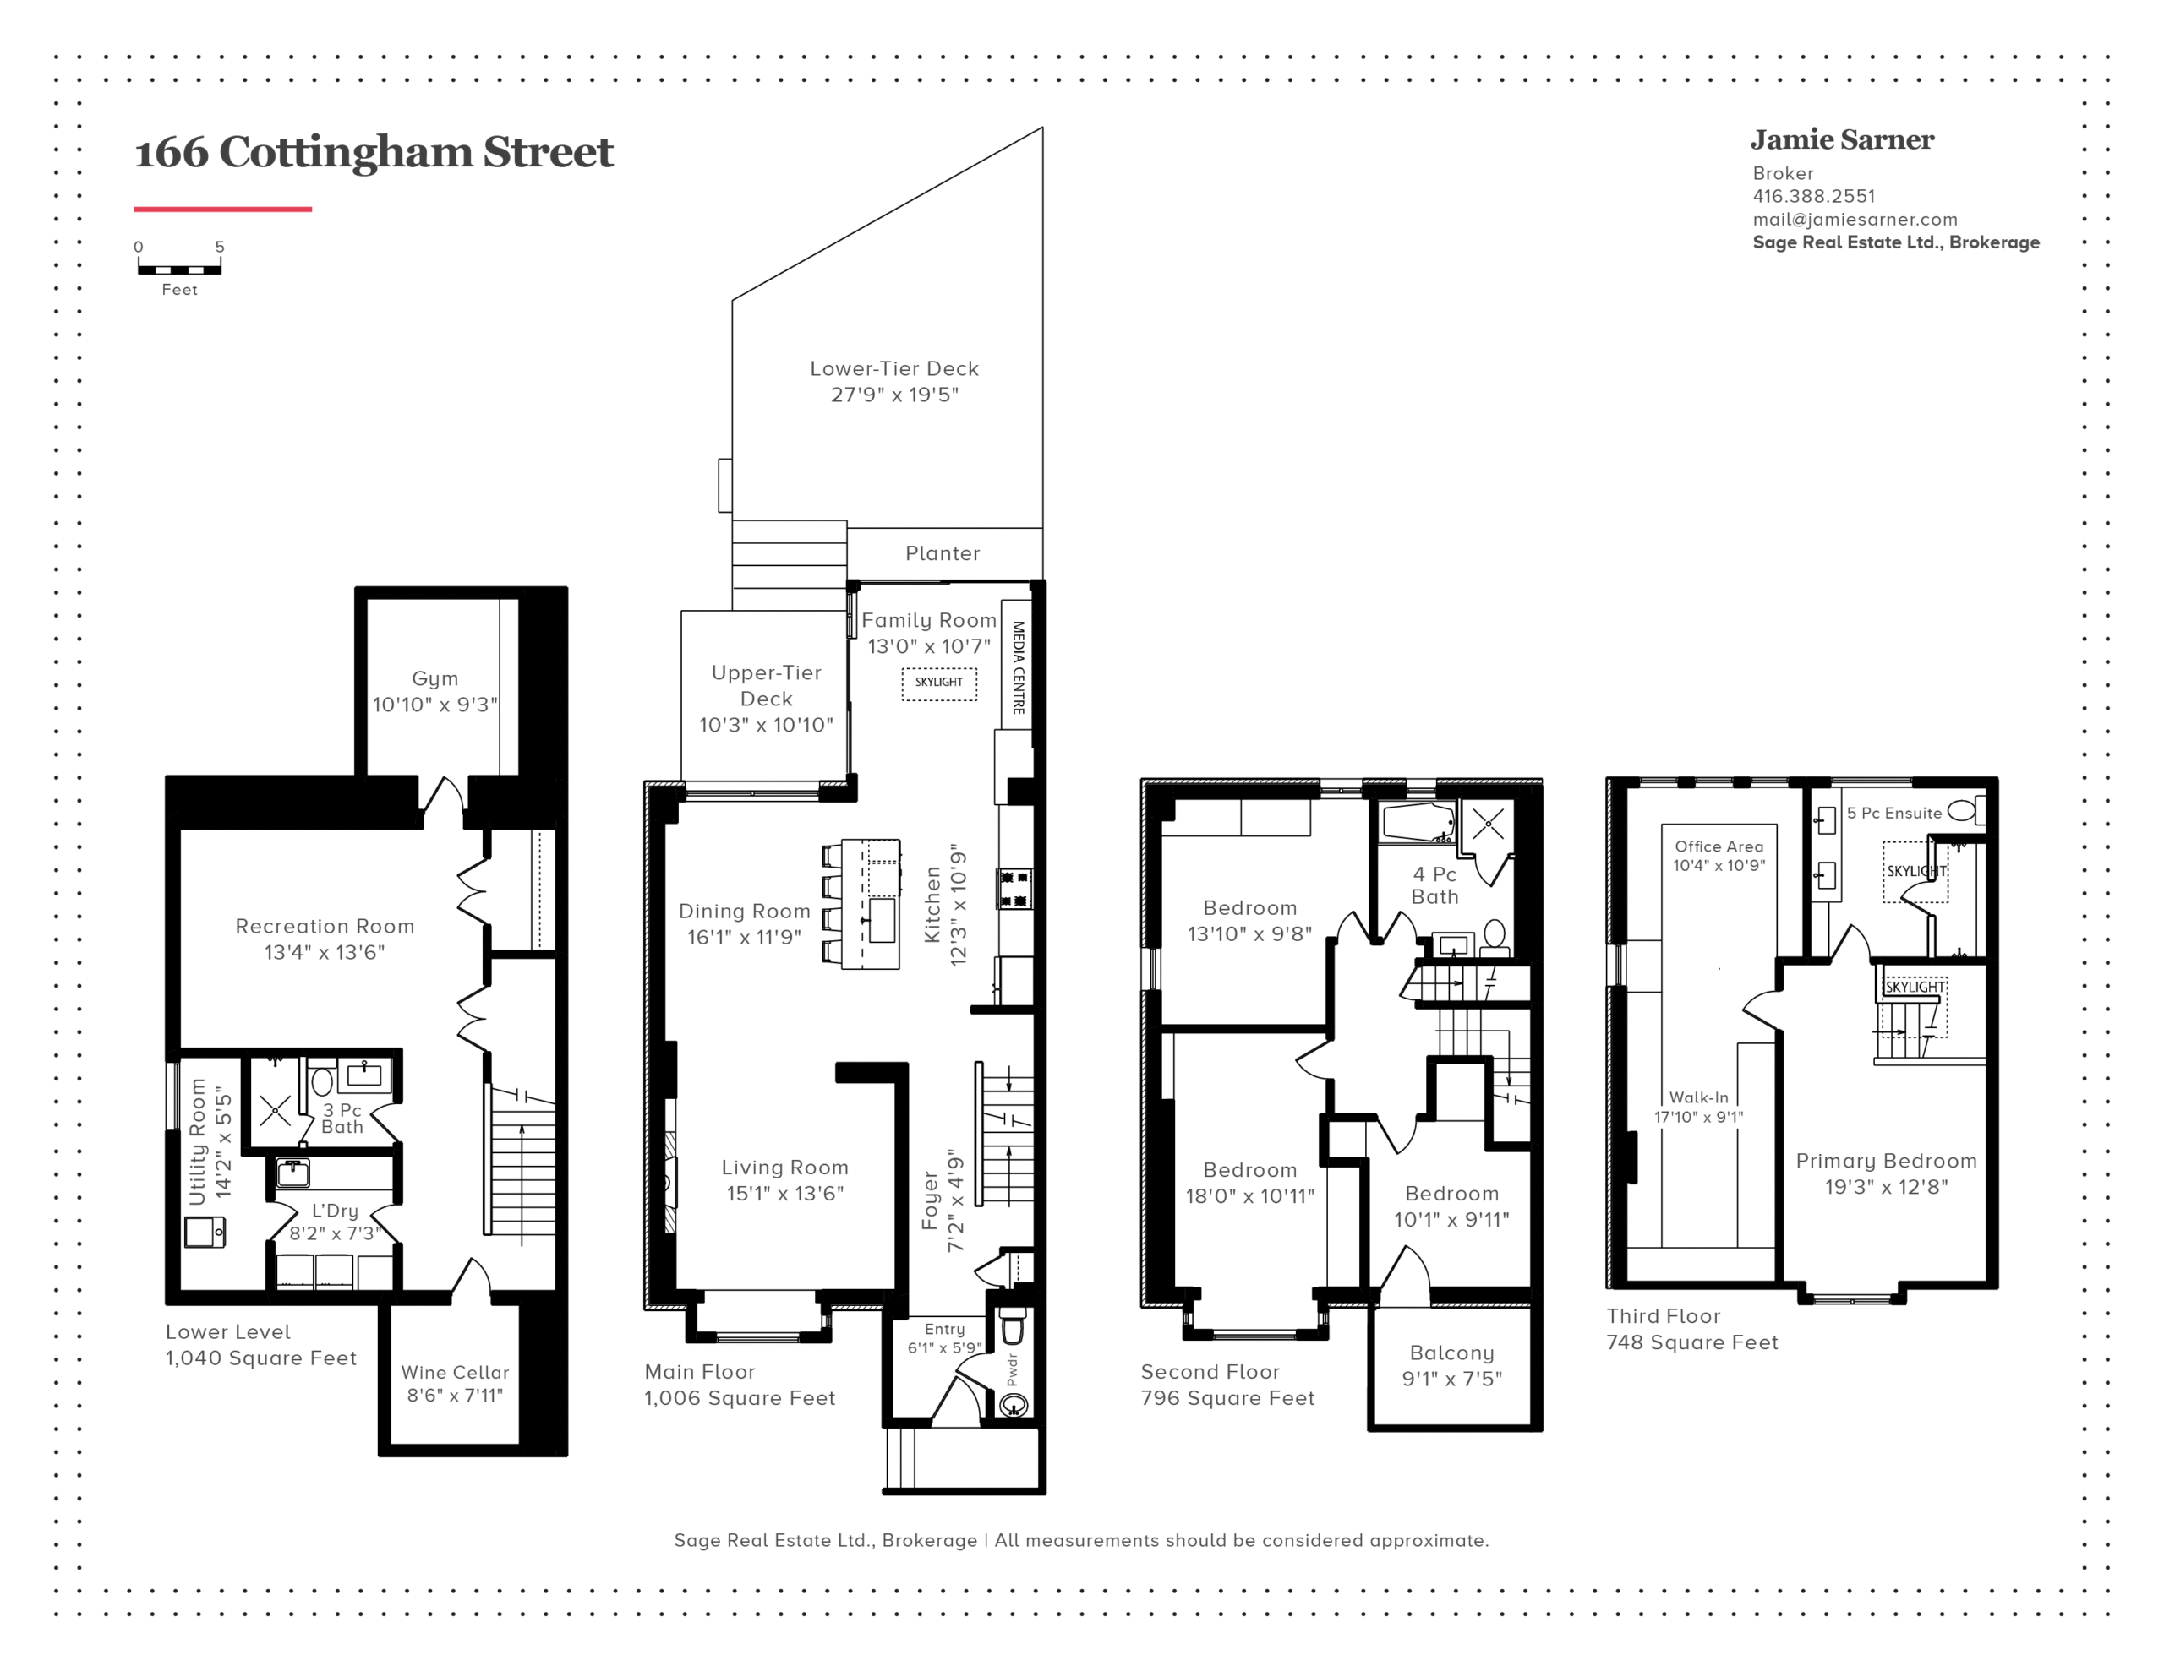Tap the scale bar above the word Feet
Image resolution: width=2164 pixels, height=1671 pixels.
click(179, 269)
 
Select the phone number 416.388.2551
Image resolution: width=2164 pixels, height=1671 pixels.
click(1813, 196)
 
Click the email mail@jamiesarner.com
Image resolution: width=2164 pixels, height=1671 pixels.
click(1855, 219)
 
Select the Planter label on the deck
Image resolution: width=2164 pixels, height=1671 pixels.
click(943, 552)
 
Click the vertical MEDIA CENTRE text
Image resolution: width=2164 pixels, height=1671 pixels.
click(1018, 667)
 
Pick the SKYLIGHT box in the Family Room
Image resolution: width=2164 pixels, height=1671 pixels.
click(938, 683)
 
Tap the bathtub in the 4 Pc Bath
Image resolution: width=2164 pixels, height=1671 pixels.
click(1418, 822)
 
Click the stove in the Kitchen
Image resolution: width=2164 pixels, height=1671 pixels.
click(1014, 889)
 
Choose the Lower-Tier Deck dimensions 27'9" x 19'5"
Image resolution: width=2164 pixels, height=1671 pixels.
click(894, 395)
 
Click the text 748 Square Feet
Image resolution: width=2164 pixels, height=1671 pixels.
click(1692, 1342)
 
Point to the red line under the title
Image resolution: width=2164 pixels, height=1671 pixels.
click(223, 209)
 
